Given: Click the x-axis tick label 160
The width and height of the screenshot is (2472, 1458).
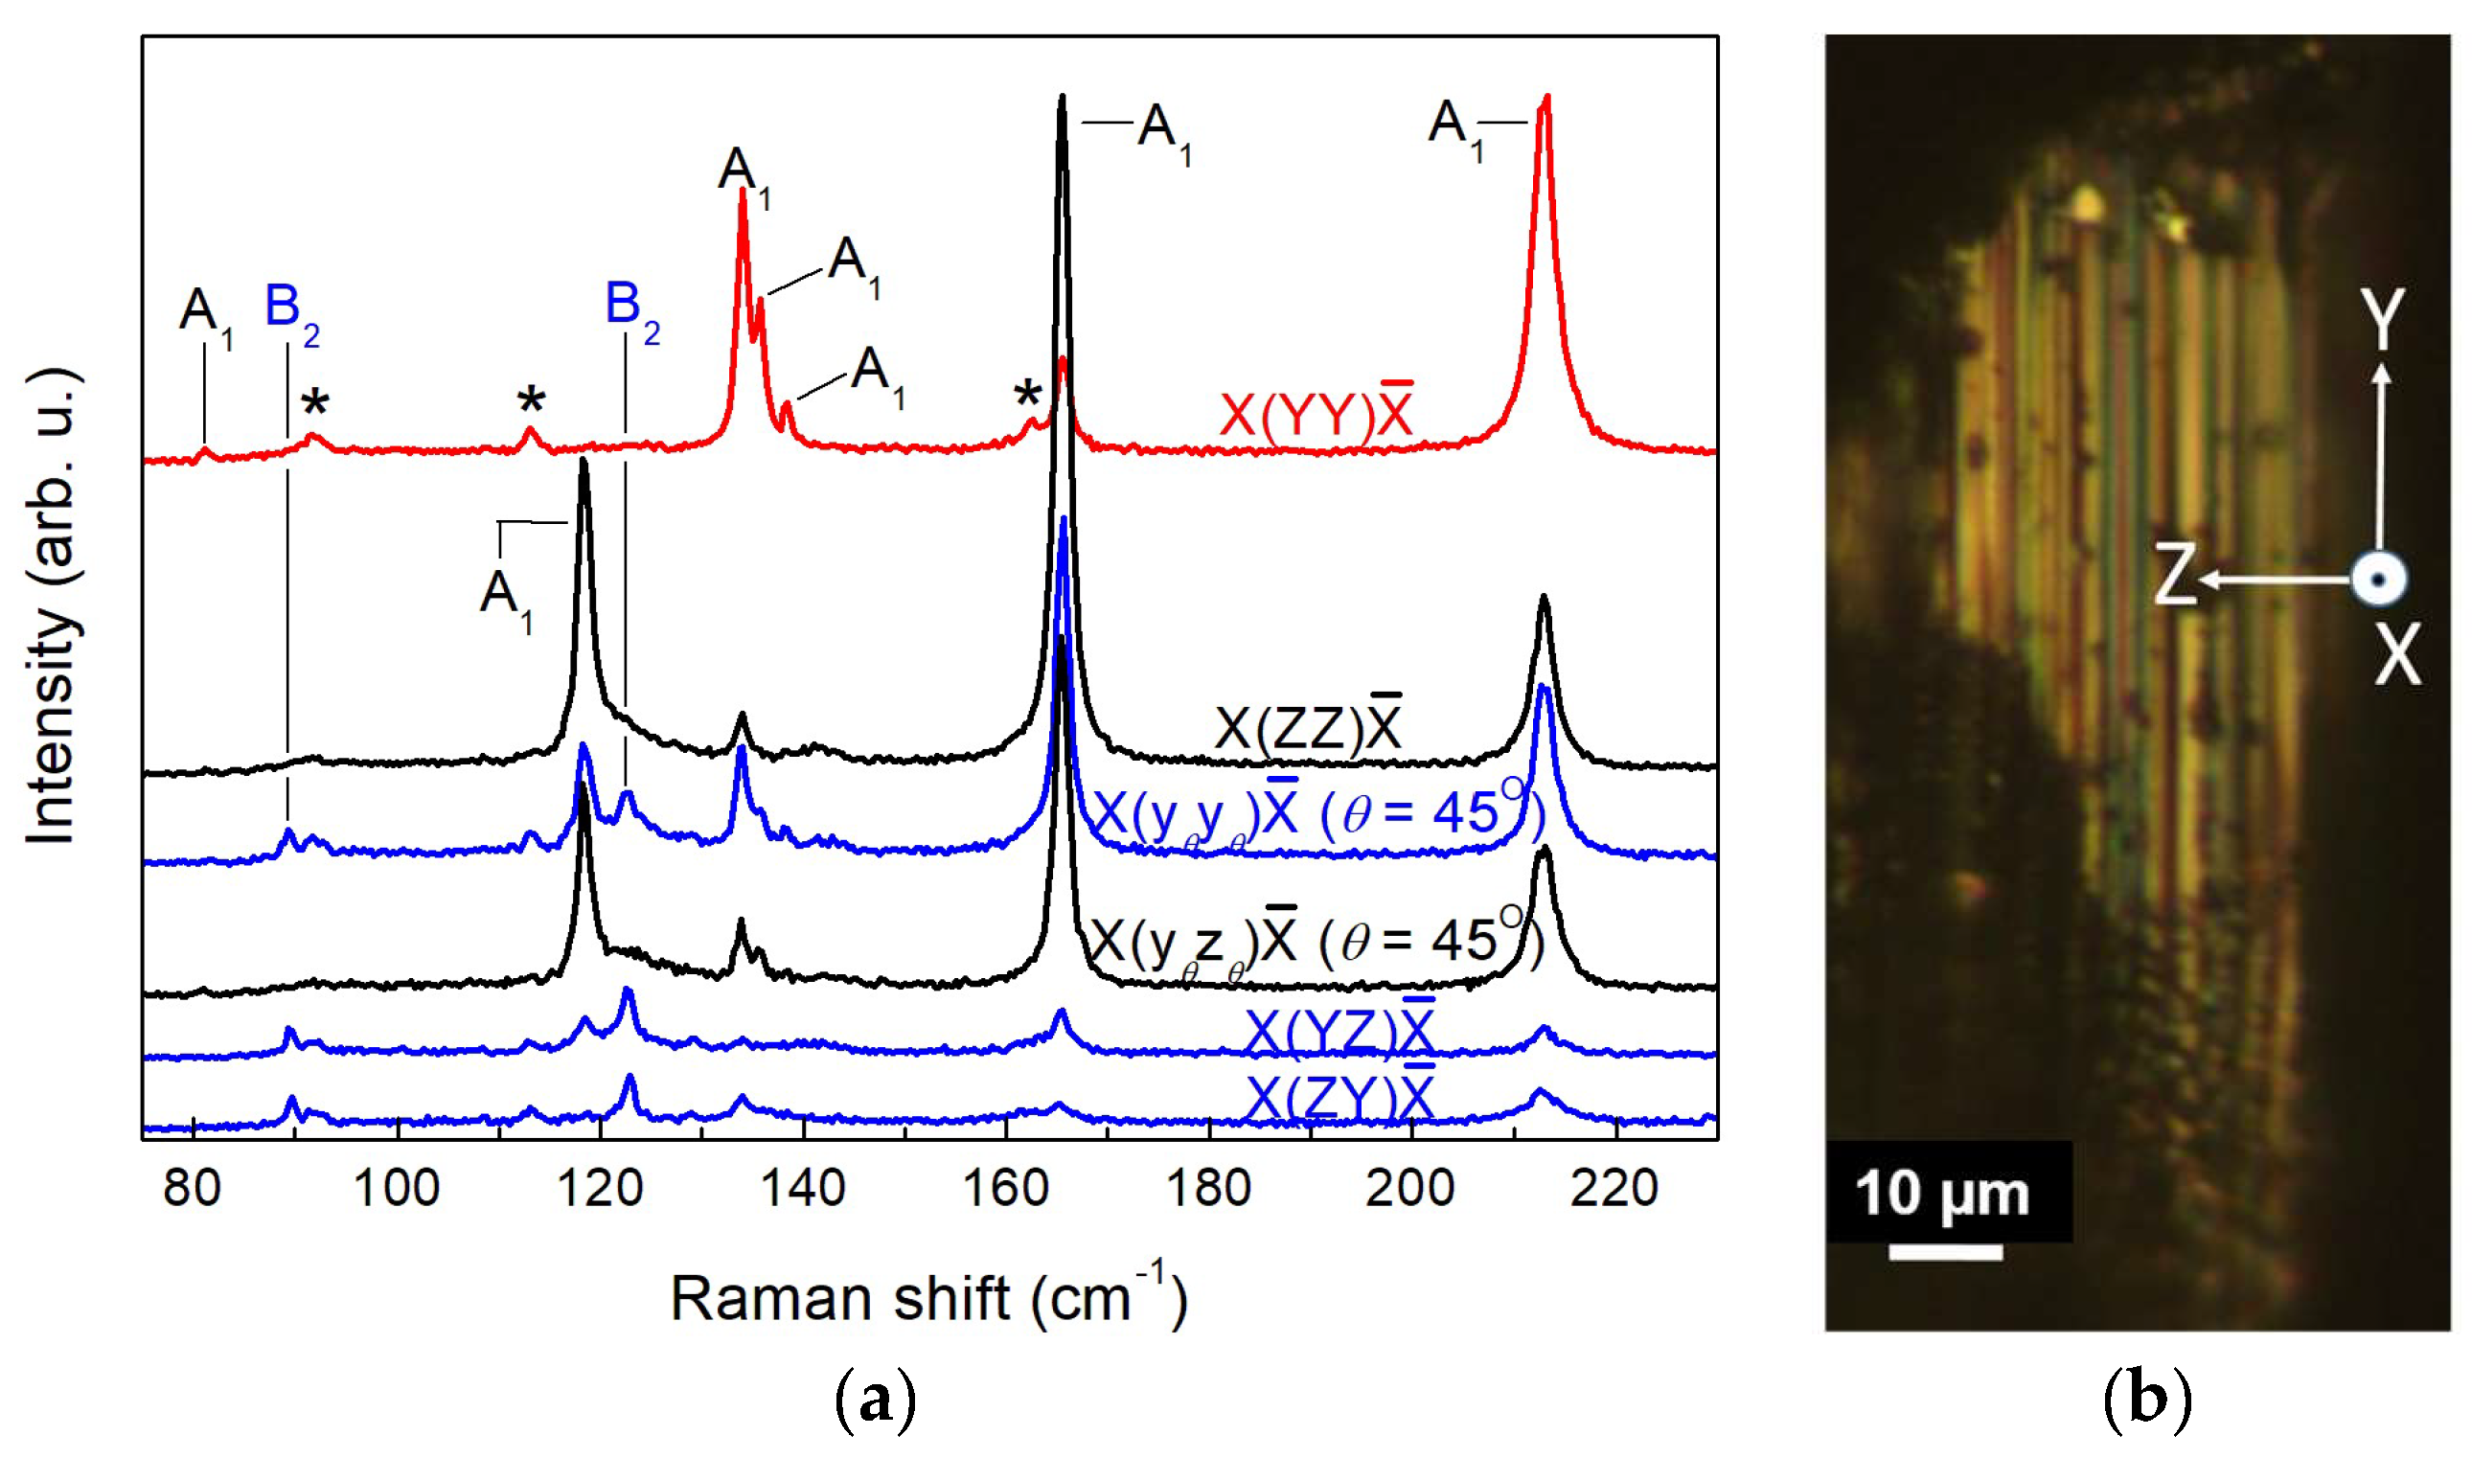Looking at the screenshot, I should (1005, 1188).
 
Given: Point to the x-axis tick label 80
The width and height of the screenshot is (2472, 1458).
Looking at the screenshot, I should (192, 1188).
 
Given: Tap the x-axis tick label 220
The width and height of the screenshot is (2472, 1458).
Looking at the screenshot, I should (1614, 1188).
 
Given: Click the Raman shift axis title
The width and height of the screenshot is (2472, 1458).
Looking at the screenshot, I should (928, 1299).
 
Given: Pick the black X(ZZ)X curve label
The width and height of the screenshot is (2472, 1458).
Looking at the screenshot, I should (1308, 727).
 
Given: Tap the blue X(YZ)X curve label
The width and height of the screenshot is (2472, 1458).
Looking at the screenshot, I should (1339, 1031).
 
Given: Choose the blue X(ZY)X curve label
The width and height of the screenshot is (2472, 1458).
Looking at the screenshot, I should (1339, 1097).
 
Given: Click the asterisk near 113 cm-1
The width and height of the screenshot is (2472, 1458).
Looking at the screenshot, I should (531, 400).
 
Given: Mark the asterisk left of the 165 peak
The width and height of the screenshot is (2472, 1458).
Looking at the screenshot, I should (1027, 397).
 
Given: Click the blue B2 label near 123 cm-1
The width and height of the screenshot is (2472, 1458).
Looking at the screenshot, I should (630, 307).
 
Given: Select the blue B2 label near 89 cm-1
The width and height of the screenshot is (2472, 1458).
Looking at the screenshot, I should (292, 309).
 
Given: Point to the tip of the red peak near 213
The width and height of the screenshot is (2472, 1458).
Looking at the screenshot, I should (1546, 98).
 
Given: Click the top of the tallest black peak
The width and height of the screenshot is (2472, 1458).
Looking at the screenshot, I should (1061, 98).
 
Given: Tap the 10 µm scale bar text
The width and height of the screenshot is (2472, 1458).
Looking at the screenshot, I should (1941, 1195).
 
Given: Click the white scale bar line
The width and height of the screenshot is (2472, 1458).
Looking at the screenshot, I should (1944, 1252).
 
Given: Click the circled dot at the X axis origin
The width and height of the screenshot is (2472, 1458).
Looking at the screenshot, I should (2378, 580).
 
